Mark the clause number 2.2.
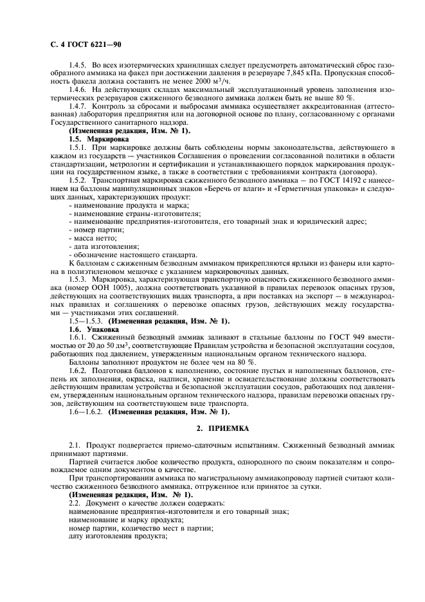[x=75, y=503]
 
